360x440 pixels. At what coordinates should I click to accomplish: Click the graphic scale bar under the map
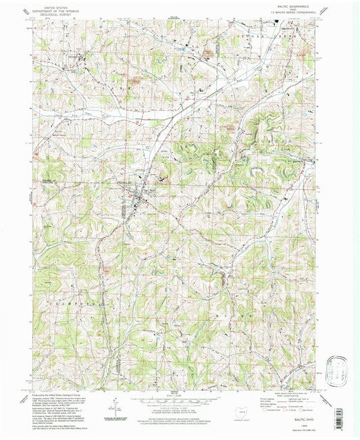180,400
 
